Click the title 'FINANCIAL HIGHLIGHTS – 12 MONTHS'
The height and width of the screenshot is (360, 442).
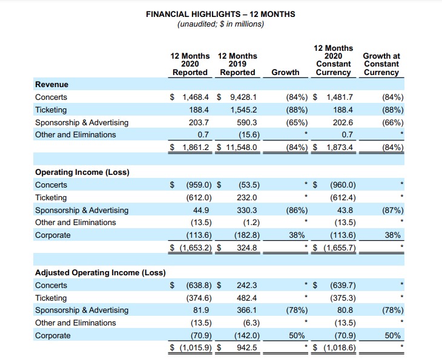(x=220, y=14)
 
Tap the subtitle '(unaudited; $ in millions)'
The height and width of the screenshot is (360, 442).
(x=220, y=24)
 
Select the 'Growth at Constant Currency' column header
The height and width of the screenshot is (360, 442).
(x=381, y=64)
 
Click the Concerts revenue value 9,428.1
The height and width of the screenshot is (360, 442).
(x=243, y=97)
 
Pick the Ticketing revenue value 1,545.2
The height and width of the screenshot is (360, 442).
(x=244, y=110)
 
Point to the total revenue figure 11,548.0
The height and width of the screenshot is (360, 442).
(x=242, y=147)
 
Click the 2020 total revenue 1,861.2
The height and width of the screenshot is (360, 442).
(x=193, y=147)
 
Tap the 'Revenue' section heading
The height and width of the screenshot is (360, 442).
(x=51, y=85)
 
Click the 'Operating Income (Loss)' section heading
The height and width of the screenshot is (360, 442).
(x=82, y=172)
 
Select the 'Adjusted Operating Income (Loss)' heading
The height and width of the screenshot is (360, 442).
(x=100, y=272)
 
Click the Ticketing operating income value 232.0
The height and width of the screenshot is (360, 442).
(x=247, y=198)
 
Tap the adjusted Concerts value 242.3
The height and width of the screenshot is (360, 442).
(x=247, y=286)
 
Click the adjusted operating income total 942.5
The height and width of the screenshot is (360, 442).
(x=247, y=348)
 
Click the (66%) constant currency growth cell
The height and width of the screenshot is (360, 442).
(x=394, y=122)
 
